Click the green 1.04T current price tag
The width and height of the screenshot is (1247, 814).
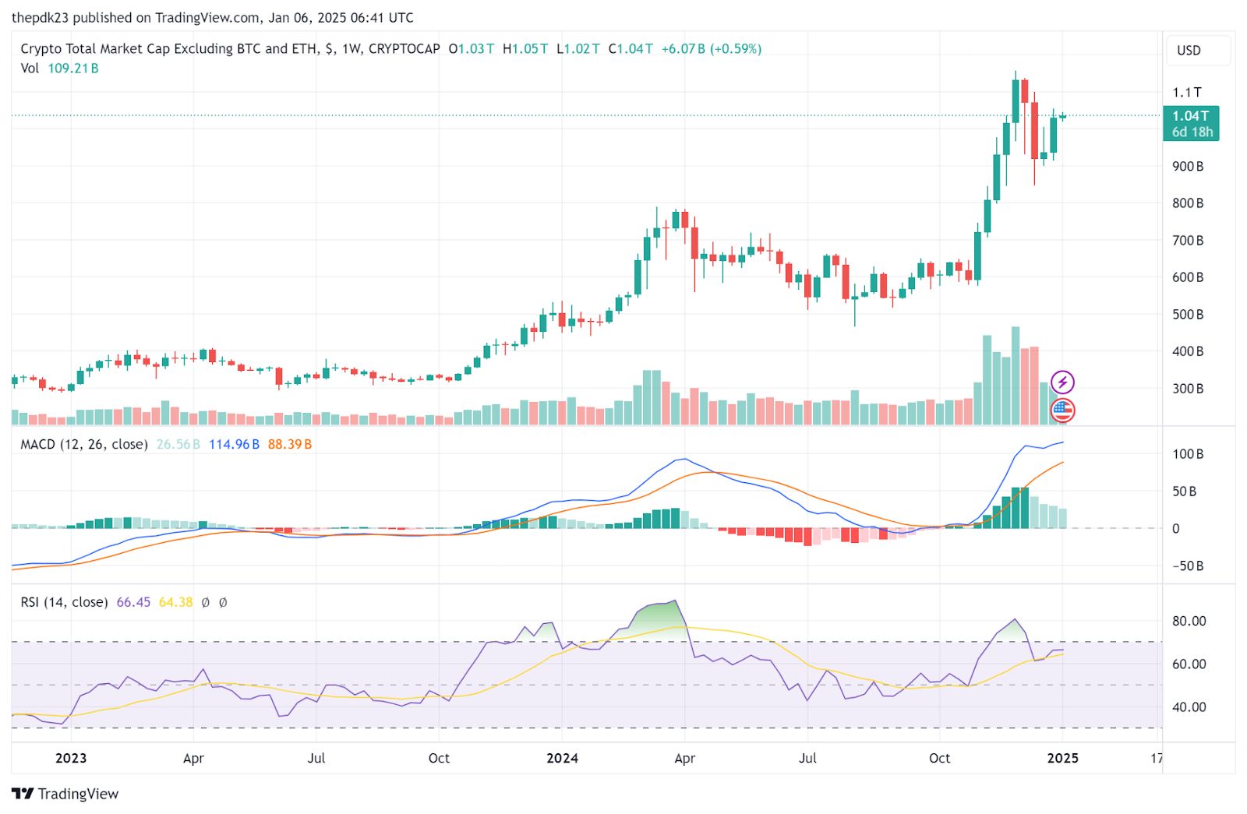pos(1191,123)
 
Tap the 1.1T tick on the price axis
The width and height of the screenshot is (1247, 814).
pos(1187,92)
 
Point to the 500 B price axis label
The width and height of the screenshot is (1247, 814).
pos(1188,314)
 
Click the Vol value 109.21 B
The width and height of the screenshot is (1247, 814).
pos(73,69)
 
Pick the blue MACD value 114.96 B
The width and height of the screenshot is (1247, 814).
pos(234,445)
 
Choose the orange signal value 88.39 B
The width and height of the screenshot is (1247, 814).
pos(290,445)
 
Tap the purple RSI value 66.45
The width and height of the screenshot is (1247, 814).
pos(133,602)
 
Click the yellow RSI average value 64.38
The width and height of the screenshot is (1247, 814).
pos(175,602)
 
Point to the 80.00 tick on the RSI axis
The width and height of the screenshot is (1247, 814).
pos(1189,621)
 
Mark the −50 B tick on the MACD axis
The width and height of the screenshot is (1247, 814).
pos(1188,566)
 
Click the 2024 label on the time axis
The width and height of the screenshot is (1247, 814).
pos(562,758)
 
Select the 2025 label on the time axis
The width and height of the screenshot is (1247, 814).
pos(1063,758)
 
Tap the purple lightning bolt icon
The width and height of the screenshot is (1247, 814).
pos(1062,382)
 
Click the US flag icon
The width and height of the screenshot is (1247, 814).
pos(1062,409)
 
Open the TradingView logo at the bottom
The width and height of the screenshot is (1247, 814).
pos(65,794)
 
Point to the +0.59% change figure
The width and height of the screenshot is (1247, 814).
pos(736,48)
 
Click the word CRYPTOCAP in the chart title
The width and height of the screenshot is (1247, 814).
pos(404,48)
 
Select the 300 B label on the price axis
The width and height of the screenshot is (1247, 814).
pos(1188,388)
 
